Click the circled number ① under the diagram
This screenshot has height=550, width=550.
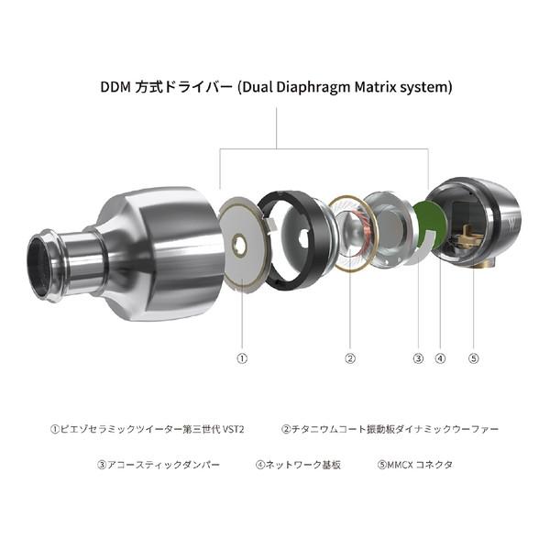[242, 358]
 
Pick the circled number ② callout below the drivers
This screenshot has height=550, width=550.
[349, 358]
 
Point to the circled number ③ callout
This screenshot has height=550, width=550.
[418, 358]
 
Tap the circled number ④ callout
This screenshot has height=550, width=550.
[441, 358]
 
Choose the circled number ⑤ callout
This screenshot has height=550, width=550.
[473, 358]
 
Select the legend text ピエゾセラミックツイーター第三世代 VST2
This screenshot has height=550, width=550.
[148, 428]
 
